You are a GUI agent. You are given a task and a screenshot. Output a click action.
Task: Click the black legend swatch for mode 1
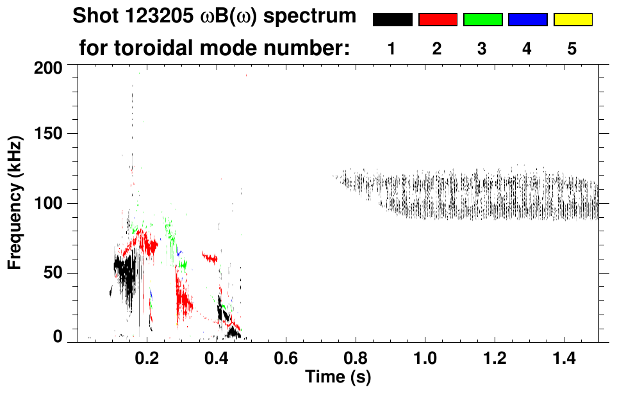[x=393, y=20]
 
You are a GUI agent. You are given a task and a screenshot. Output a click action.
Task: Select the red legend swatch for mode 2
[x=438, y=20]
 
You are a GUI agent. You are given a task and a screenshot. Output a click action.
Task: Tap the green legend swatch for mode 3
[x=482, y=20]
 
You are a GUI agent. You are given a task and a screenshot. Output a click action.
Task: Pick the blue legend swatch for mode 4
[x=527, y=20]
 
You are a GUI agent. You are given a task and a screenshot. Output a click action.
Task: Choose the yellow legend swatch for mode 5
[x=572, y=20]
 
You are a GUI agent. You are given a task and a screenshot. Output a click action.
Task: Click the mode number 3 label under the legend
[x=482, y=49]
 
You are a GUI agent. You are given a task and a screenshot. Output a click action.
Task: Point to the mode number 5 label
[x=572, y=49]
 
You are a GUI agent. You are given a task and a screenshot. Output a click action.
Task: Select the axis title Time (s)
[x=337, y=376]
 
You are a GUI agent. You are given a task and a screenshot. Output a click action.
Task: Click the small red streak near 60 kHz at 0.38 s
[x=210, y=258]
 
